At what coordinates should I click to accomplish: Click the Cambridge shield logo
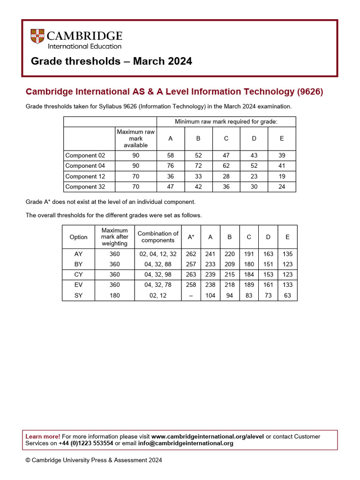tap(37, 37)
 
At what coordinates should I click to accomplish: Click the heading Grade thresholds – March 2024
tap(111, 61)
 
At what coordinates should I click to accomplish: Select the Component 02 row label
tap(85, 155)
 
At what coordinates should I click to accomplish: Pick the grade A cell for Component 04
tap(170, 166)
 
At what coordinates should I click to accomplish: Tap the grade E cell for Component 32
tap(282, 187)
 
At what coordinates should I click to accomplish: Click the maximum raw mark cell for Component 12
tap(135, 176)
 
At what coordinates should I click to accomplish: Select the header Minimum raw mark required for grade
tap(226, 122)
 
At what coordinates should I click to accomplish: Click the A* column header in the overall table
tap(191, 237)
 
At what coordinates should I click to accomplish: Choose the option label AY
tap(78, 254)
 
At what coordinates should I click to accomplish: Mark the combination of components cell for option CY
tap(158, 275)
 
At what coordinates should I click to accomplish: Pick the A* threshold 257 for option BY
tap(191, 264)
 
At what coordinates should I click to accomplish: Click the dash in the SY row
tap(191, 296)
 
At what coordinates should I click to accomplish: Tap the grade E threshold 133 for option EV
tap(287, 285)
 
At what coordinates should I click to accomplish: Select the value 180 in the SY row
tap(114, 296)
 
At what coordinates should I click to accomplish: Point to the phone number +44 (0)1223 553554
tap(86, 443)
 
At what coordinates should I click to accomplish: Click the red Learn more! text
tap(43, 436)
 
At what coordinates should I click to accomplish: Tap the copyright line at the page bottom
tap(94, 460)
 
